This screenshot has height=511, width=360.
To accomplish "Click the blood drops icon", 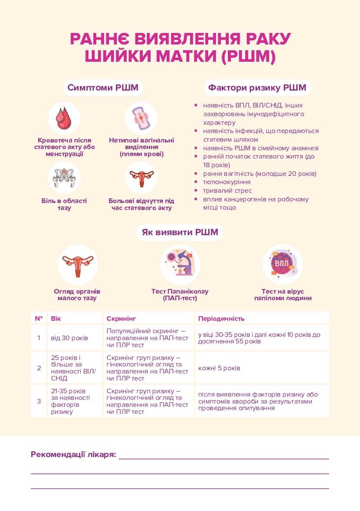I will (x=64, y=118).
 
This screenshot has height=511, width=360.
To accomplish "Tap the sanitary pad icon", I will (x=141, y=118).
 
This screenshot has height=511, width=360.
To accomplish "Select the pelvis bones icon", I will (x=64, y=177).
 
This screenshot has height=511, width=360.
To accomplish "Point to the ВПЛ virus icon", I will (x=282, y=264).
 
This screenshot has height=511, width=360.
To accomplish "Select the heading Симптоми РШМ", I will (x=103, y=88).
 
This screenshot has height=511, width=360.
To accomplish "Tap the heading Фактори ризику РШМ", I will (x=257, y=88).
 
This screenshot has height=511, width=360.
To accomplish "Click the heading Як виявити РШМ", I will (x=180, y=232).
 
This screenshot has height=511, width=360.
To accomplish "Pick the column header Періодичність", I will (x=221, y=318).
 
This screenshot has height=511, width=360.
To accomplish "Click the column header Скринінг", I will (x=121, y=318).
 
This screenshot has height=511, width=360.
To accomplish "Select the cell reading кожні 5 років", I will (x=219, y=368).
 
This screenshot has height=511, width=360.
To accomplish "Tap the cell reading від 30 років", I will (x=70, y=338).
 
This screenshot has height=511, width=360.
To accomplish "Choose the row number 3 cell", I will (x=39, y=401).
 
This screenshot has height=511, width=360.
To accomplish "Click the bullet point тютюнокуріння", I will (x=227, y=182).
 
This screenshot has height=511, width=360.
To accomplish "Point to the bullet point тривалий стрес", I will (x=227, y=191).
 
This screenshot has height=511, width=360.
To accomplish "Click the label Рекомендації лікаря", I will (x=73, y=455).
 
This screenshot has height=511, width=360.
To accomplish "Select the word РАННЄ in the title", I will (x=99, y=39).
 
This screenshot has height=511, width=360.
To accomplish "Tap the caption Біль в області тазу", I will (x=64, y=204).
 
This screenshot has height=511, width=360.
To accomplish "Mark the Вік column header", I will (x=56, y=318).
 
